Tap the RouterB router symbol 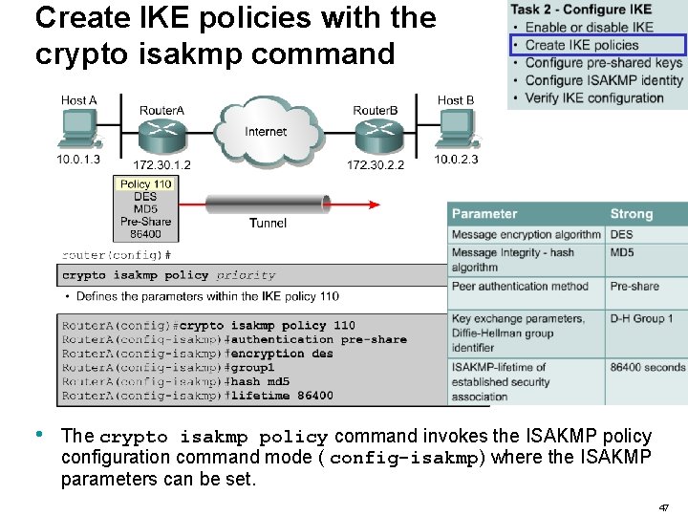pos(376,135)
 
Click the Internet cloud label pos(266,132)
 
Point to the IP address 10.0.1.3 pos(78,159)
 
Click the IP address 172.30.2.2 pos(376,164)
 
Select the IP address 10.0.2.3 pos(456,159)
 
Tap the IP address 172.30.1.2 pos(161,164)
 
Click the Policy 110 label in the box pos(145,183)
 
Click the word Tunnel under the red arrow pos(268,223)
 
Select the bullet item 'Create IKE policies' pos(582,45)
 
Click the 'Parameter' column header pos(484,214)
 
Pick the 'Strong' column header pos(631,214)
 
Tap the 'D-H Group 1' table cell pos(642,318)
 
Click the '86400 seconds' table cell pos(648,367)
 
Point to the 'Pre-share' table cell pos(634,286)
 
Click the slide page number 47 pos(664,507)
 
